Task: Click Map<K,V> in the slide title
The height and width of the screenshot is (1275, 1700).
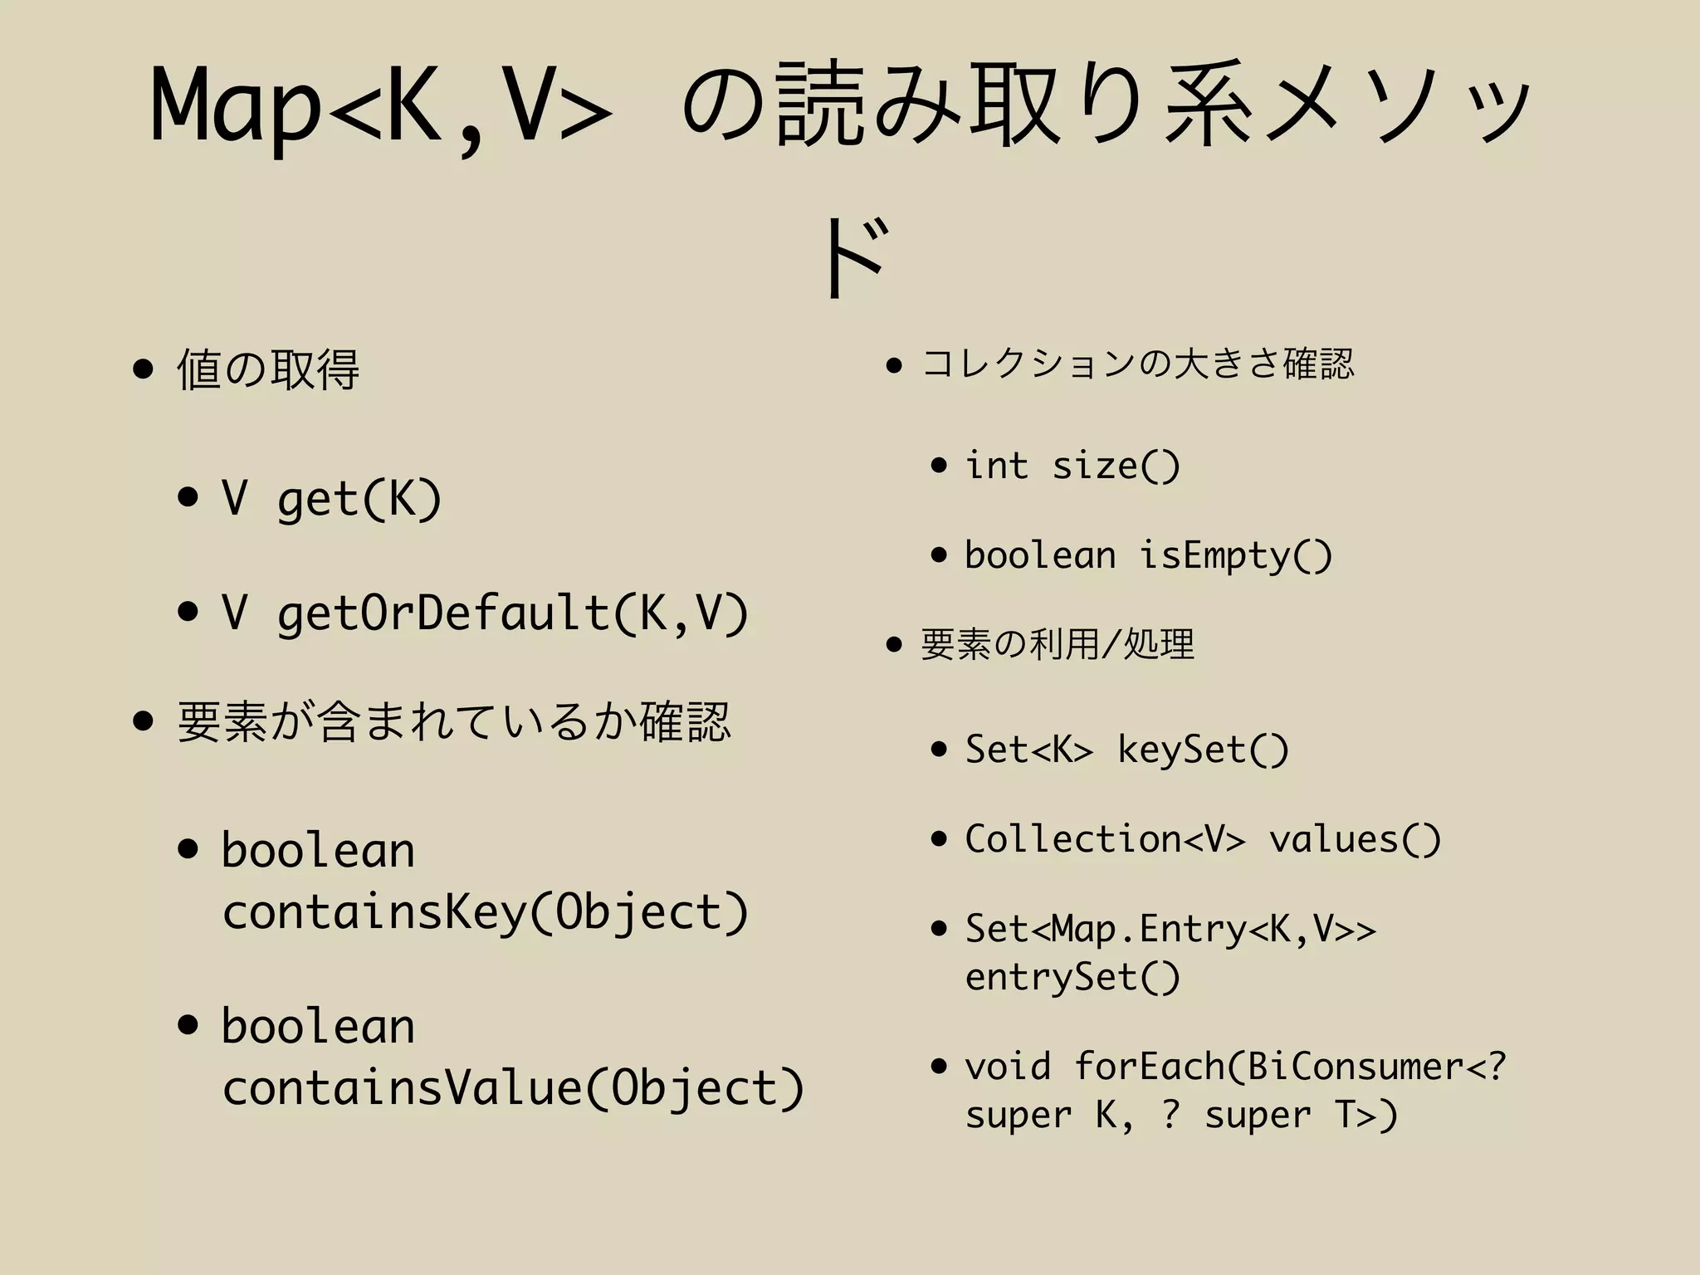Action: (382, 106)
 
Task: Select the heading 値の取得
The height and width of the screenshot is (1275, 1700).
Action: (268, 369)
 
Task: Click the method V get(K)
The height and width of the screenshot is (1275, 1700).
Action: (331, 499)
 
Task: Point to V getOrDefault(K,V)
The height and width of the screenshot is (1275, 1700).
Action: (485, 613)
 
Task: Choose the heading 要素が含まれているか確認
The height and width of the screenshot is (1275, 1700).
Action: (454, 721)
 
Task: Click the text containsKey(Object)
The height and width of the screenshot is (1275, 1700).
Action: (486, 912)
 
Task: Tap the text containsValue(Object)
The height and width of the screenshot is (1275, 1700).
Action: (513, 1087)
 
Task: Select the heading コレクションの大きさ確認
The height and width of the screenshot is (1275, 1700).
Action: (1138, 364)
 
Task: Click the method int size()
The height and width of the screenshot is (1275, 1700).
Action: (1072, 466)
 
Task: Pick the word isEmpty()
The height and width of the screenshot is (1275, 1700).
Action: (1235, 555)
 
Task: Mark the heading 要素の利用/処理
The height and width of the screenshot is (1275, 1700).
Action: (1058, 644)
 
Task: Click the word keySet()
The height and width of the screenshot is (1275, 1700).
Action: (1204, 750)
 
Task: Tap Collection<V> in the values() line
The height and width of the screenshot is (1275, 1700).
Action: (1105, 839)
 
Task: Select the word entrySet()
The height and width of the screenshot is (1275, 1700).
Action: (1072, 977)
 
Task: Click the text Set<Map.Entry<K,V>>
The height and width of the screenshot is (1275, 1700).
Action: (1170, 929)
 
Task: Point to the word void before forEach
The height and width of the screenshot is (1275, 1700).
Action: (1008, 1067)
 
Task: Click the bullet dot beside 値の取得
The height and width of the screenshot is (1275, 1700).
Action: (144, 369)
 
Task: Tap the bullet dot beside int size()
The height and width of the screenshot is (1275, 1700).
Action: (939, 466)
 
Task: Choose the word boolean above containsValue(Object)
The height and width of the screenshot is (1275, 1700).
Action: (318, 1027)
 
